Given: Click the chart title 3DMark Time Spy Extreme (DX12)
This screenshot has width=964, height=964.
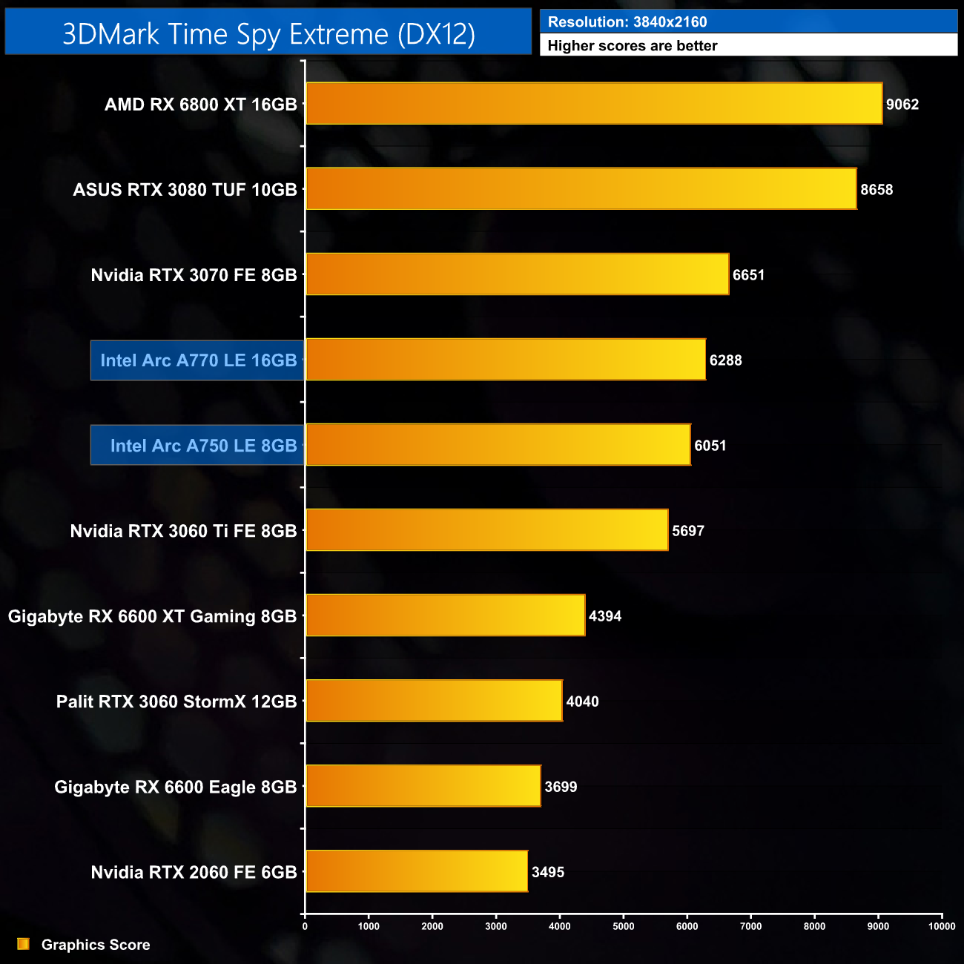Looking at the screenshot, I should click(268, 34).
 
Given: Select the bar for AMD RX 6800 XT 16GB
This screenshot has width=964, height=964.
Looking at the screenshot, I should click(593, 104).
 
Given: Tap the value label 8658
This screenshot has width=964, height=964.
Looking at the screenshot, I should click(876, 190).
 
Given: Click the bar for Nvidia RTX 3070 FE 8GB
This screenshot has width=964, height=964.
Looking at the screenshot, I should click(517, 274).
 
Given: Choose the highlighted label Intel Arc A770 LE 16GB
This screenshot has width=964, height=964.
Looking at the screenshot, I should click(198, 360).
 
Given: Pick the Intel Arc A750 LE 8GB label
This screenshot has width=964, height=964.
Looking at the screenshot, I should click(203, 446).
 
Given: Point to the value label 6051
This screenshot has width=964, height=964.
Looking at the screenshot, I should click(710, 446).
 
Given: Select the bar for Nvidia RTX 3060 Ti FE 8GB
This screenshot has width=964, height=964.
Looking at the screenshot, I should click(486, 530).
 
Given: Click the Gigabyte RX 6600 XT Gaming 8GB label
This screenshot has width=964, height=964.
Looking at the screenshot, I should click(152, 616).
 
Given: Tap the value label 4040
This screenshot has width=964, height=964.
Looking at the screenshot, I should click(582, 701).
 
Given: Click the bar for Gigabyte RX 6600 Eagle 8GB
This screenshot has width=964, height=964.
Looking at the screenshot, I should click(423, 786).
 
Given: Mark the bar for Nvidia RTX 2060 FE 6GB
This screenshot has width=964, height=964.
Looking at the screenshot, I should click(416, 871).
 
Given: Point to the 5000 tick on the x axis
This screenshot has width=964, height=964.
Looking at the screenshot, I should click(624, 926).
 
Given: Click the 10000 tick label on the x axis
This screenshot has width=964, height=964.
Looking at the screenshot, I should click(942, 926).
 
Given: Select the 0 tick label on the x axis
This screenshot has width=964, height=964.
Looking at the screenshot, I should click(305, 926).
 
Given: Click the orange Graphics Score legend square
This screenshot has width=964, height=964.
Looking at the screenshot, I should click(24, 944).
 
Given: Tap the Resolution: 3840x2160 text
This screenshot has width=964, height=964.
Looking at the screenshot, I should click(627, 22).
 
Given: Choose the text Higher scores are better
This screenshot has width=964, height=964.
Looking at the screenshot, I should click(633, 46).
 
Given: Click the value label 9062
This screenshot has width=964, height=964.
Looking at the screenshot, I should click(902, 105).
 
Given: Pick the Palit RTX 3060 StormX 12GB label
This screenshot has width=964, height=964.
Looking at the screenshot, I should click(176, 701).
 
